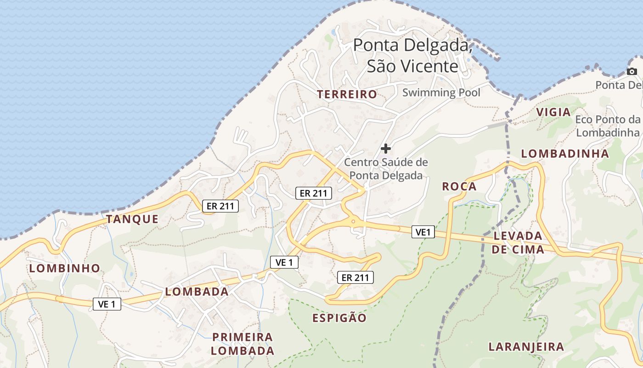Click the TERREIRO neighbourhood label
pos(347,94)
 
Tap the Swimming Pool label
pos(441,92)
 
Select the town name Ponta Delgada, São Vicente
pos(412,56)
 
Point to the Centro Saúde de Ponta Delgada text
pos(386,169)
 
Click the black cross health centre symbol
pos(386,148)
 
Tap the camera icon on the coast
pos(632,71)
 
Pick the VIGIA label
pos(553,112)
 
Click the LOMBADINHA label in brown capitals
pos(565,154)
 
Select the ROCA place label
pos(459,186)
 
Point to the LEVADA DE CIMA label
pos(518,243)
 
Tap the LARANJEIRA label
pos(526,347)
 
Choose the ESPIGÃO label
pos(339,318)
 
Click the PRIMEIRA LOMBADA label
pos(243,344)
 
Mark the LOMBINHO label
pos(65,268)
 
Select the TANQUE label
pos(132,219)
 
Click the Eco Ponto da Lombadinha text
pos(608,126)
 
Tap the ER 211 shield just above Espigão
pos(355,277)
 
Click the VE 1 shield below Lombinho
pos(107,304)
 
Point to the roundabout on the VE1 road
pos(353,222)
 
